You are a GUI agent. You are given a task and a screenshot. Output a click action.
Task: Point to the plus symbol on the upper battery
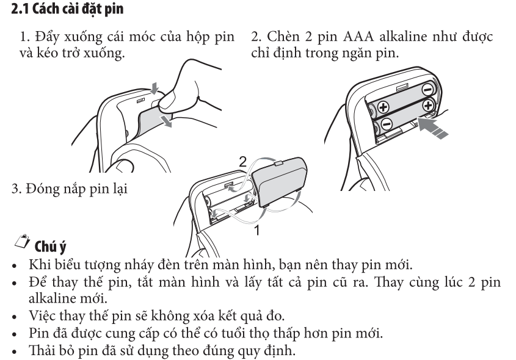pyautogui.click(x=384, y=107)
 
